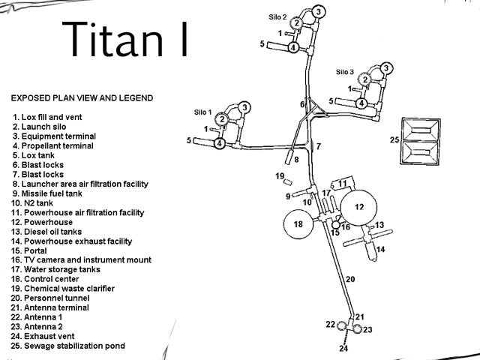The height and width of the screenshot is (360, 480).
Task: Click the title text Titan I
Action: (x=124, y=39)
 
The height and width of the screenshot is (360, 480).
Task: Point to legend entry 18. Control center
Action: (x=50, y=279)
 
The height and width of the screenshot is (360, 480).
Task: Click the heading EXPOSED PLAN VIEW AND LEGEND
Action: (x=82, y=98)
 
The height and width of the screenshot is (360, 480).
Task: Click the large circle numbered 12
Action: (x=358, y=207)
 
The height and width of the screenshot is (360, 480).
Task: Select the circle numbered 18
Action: (x=297, y=224)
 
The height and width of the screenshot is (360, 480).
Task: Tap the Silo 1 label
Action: (x=204, y=112)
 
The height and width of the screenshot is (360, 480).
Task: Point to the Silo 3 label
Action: (x=346, y=72)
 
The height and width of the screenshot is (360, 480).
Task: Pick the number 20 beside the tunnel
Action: (x=349, y=279)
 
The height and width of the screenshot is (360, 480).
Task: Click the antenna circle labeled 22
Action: (x=343, y=325)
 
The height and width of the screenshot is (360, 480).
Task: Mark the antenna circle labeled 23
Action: (x=357, y=330)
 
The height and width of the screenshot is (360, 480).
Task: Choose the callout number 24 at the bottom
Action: (x=343, y=349)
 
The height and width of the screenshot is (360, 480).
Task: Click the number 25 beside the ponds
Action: (x=394, y=139)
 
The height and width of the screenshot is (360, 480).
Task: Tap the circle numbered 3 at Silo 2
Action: (x=318, y=12)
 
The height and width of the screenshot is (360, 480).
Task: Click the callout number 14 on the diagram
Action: (x=380, y=249)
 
